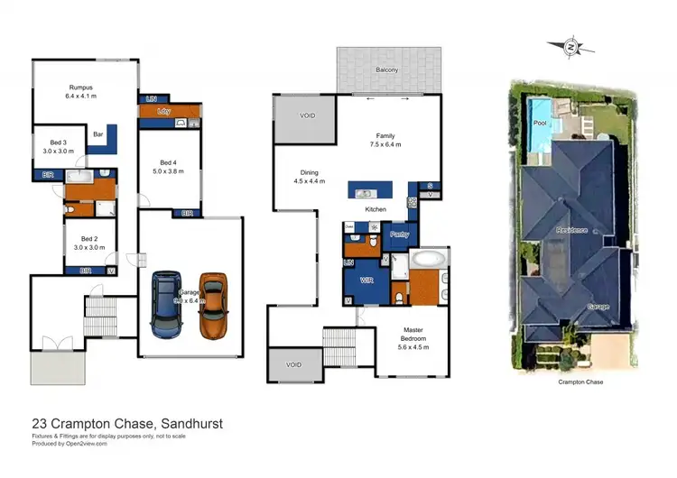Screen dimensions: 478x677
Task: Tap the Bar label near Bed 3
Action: click(97, 135)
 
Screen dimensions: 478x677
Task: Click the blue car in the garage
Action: click(168, 304)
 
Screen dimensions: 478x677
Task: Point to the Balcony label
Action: click(388, 69)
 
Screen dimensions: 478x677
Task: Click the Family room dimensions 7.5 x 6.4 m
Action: click(385, 144)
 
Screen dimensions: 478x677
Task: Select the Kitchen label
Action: click(376, 209)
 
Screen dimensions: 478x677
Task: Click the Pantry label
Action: click(400, 234)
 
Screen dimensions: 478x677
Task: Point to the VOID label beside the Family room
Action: click(308, 115)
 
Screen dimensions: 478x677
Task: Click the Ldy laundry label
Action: click(163, 111)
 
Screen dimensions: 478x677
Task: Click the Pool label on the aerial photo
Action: click(540, 123)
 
